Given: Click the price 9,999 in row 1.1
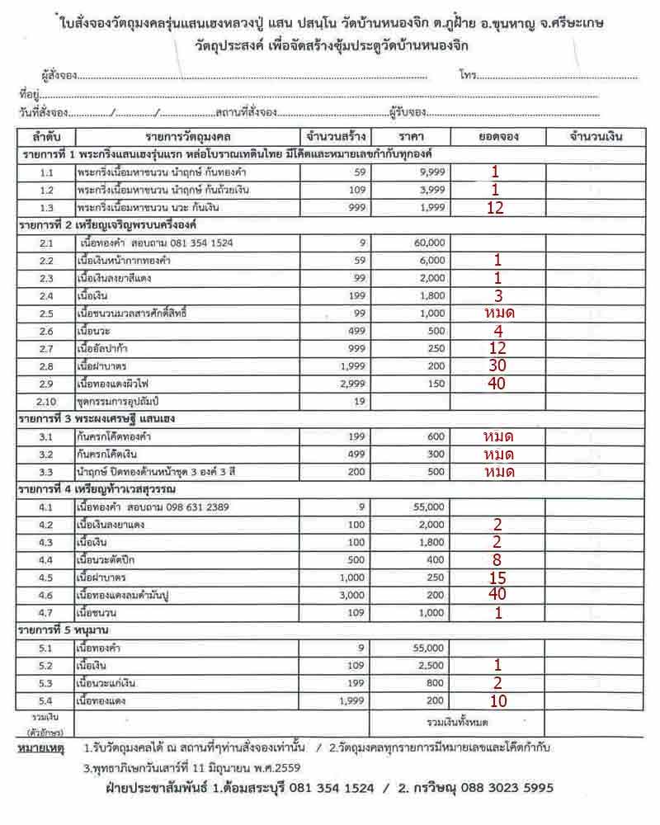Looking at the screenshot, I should coord(431,172).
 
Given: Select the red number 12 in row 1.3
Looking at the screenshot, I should coord(495,207).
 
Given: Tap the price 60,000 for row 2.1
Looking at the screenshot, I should coord(430,243).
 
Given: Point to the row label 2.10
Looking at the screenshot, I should coord(45,401).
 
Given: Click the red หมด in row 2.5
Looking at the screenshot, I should coord(498,313).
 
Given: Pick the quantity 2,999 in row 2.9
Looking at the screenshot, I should coord(351,384).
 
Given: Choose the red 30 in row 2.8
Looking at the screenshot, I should coord(496,365).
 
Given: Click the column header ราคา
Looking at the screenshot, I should coord(409,136).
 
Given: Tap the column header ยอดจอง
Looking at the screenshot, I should coord(497,136).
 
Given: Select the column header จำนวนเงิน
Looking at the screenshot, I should coord(594,136).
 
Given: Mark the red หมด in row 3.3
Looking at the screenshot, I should coord(498,472).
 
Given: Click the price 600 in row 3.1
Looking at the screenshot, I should coord(435,436).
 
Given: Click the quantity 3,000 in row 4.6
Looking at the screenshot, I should coord(351,594).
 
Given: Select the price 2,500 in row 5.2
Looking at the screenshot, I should coord(431,664).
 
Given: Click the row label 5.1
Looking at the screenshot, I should coord(45,648).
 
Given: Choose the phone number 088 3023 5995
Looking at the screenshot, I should coord(502,788).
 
